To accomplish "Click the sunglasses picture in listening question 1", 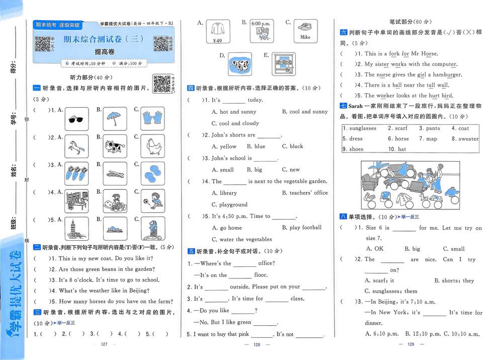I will pos(77,119).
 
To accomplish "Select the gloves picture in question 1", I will pos(152,119).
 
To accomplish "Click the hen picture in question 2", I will pos(152,147).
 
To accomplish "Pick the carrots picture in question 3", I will pos(77,174).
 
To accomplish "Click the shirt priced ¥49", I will pos(218,31).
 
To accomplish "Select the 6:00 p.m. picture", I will pos(261,31).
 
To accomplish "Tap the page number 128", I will pos(256,344).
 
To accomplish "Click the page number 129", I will pos(410,344).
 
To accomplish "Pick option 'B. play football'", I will pos(302,228).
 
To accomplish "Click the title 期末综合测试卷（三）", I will pos(104,39).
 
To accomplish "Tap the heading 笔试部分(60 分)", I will pos(410,22).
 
